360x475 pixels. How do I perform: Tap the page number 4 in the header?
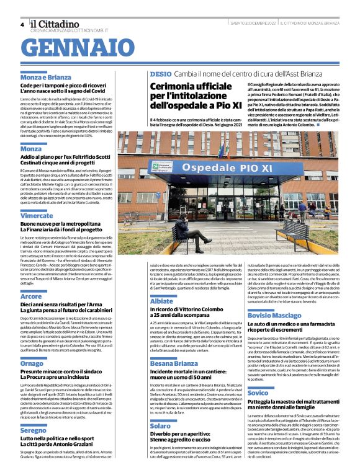[x=22, y=24]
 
